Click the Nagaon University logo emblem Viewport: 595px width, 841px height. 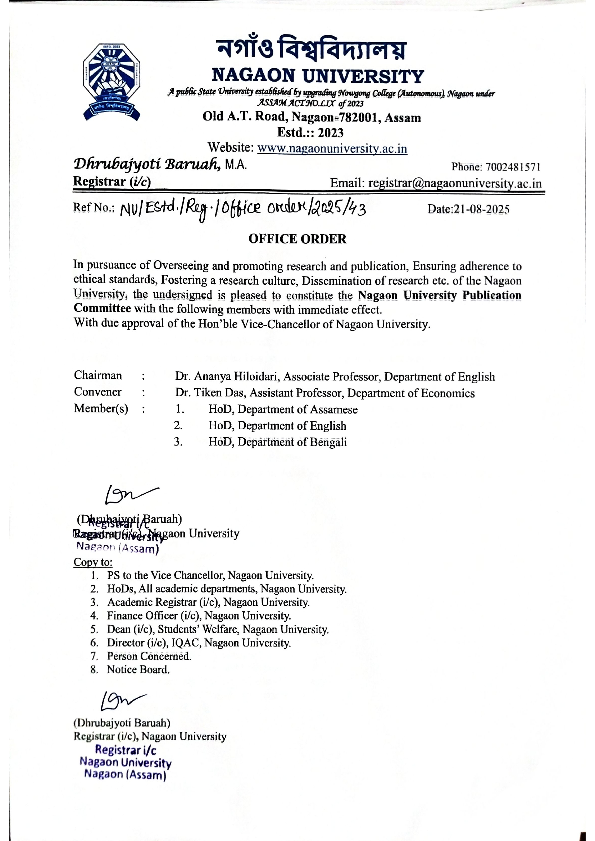tap(111, 82)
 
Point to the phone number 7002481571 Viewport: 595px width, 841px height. tap(513, 168)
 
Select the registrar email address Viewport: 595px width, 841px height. tap(455, 183)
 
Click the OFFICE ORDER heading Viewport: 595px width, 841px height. tap(297, 239)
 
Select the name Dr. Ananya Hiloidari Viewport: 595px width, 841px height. tap(227, 376)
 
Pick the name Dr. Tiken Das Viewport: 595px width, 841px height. tap(212, 393)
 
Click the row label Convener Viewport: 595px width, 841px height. tap(97, 392)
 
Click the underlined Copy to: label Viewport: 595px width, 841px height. tap(93, 562)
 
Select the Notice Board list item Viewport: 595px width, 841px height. tap(138, 669)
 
